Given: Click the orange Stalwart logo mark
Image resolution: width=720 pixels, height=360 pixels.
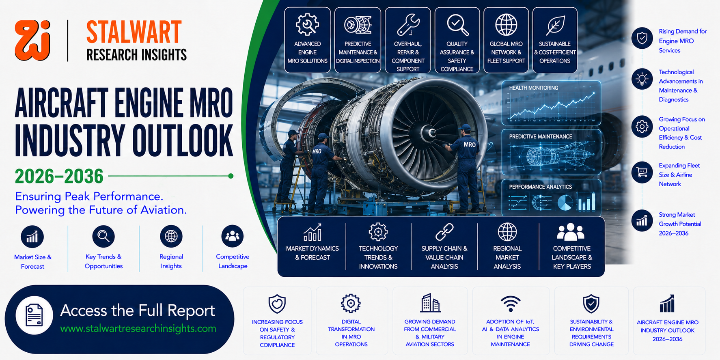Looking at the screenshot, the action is (x=32, y=41).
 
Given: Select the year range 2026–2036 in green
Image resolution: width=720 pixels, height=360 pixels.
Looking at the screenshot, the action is (x=59, y=176).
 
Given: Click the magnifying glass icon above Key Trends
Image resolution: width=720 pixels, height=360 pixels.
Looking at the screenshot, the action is (x=103, y=236).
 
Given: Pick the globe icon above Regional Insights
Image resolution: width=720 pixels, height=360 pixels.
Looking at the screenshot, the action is (x=171, y=236).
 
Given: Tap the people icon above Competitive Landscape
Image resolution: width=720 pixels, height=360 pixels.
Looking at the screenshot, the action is (x=233, y=236).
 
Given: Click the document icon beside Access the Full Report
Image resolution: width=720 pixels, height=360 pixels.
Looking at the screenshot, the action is (x=34, y=315).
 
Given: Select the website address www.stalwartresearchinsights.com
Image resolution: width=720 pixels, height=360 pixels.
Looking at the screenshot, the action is (x=138, y=328).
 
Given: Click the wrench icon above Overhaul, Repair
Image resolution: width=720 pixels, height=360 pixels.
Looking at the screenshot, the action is (x=408, y=25).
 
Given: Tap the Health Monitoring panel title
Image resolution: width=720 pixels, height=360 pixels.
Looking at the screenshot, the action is (x=534, y=88).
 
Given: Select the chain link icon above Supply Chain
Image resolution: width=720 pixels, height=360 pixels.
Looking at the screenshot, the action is (x=444, y=232).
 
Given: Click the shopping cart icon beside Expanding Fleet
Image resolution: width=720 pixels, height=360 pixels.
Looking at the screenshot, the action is (x=642, y=172).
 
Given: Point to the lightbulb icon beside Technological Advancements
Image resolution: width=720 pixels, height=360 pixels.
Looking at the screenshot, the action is (x=642, y=79).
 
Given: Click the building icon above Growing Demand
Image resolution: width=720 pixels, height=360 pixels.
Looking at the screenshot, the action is (x=430, y=303).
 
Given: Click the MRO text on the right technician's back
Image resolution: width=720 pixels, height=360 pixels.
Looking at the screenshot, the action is (x=470, y=144).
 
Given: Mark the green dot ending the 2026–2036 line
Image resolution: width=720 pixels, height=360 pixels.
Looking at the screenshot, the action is (x=231, y=176).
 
